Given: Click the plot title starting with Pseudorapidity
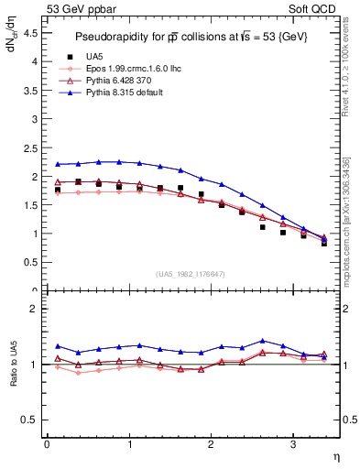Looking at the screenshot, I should tap(191, 36).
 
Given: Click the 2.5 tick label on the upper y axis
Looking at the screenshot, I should tap(29, 147).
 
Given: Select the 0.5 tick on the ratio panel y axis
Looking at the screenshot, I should tap(29, 420).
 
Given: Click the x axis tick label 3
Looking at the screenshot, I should tap(292, 444).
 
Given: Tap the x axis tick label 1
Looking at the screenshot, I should tap(128, 444).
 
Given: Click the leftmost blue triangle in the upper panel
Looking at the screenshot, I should tap(58, 164).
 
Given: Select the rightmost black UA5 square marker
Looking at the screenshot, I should tap(324, 244).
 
